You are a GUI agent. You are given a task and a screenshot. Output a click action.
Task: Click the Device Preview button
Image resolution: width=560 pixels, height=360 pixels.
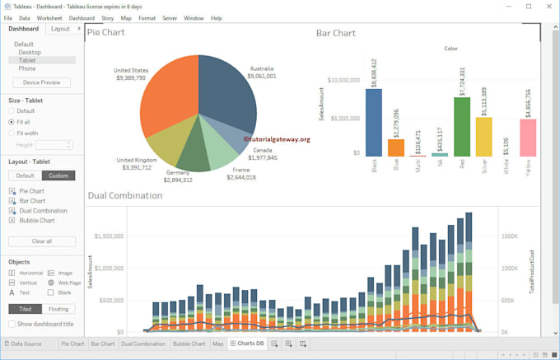click(x=41, y=82)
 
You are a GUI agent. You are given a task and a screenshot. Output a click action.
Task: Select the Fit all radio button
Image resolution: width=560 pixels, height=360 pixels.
click(x=12, y=122)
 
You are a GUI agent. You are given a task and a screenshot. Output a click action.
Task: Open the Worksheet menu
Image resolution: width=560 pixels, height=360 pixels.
click(x=49, y=17)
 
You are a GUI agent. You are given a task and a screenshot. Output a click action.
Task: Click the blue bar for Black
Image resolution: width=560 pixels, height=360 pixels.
click(x=374, y=122)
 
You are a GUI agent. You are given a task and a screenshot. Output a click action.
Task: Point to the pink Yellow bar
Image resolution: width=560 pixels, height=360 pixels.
click(x=528, y=138)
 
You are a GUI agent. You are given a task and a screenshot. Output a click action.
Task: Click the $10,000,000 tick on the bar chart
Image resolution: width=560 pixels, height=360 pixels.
click(x=343, y=81)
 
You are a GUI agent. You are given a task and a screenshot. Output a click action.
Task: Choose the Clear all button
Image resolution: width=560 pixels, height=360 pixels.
click(x=41, y=241)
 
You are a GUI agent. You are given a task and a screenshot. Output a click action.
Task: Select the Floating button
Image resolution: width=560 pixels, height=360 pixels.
click(x=58, y=309)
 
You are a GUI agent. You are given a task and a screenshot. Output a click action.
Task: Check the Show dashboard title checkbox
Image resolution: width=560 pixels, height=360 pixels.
click(x=12, y=324)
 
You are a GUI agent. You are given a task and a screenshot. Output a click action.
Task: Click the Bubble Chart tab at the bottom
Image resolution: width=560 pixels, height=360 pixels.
click(x=189, y=344)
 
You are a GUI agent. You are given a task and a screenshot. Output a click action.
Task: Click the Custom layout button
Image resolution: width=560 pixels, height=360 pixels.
click(x=58, y=175)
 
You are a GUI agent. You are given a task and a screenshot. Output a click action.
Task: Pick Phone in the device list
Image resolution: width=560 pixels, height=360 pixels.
click(x=27, y=68)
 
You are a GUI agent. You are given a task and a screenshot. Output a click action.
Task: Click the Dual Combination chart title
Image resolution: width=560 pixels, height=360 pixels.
click(x=125, y=195)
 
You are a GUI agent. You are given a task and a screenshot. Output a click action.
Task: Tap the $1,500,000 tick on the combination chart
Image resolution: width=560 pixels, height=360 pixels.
click(x=109, y=236)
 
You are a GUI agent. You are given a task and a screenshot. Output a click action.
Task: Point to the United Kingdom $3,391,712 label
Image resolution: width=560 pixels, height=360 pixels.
click(x=136, y=164)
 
